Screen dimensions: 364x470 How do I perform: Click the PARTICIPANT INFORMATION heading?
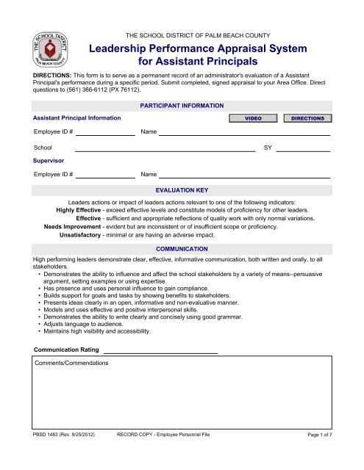182,106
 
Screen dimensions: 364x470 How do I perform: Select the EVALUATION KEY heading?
182,189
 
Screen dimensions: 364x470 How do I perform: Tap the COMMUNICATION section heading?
182,249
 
